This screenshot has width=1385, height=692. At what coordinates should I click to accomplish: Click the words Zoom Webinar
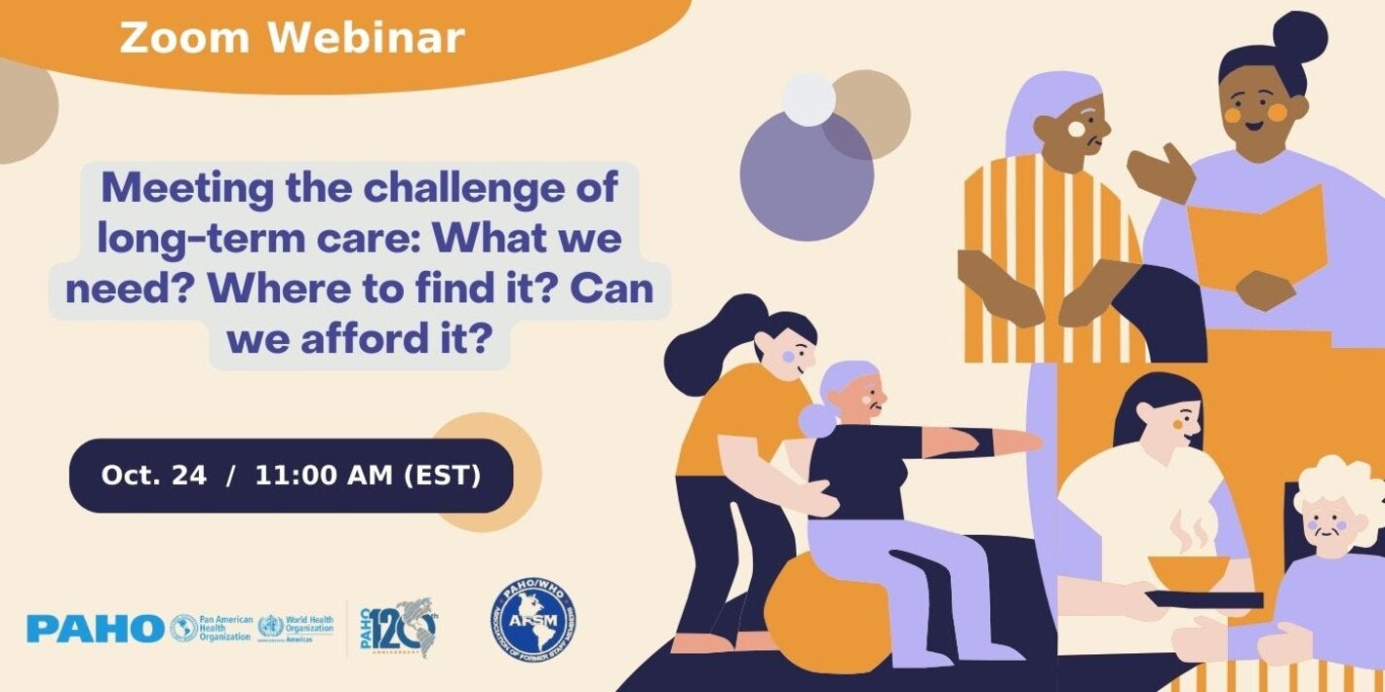292,39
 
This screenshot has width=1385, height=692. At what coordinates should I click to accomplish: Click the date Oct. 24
154,476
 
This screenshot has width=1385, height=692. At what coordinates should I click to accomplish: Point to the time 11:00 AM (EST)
368,476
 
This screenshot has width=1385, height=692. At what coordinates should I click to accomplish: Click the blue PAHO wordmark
95,629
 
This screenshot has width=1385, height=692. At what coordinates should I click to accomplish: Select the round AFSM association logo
533,622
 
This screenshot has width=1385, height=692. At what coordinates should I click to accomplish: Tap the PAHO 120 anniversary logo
398,628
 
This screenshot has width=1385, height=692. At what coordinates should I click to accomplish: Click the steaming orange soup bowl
1186,570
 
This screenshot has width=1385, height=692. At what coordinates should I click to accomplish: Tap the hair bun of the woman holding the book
1300,37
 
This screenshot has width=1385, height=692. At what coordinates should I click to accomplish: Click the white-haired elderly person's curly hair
1338,487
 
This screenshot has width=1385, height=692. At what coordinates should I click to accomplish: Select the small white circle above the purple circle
809,99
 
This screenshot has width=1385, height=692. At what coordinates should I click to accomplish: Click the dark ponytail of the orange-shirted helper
704,336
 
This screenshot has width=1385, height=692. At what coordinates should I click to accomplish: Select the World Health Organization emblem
271,628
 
